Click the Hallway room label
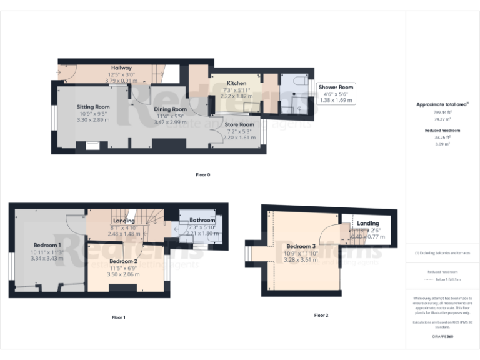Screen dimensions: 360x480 (x=121, y=67)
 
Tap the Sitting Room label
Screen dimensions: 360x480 (x=93, y=107)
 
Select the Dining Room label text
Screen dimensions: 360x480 (x=171, y=109)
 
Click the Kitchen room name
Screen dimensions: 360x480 (x=236, y=83)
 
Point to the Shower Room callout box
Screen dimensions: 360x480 (x=336, y=93)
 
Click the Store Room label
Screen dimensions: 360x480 (x=240, y=124)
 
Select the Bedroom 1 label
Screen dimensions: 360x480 (x=47, y=245)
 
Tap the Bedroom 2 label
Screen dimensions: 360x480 (x=123, y=261)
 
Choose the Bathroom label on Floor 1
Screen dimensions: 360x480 (x=202, y=221)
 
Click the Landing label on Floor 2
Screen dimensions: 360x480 (x=367, y=223)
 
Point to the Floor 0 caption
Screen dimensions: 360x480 (x=203, y=174)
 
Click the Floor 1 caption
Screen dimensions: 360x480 (x=118, y=317)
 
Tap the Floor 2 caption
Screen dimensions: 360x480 (x=321, y=315)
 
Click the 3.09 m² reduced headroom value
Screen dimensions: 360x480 (x=442, y=143)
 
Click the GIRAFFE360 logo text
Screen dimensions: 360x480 (x=442, y=337)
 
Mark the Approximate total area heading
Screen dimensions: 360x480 (x=442, y=104)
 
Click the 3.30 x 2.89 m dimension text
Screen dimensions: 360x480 (x=93, y=119)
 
